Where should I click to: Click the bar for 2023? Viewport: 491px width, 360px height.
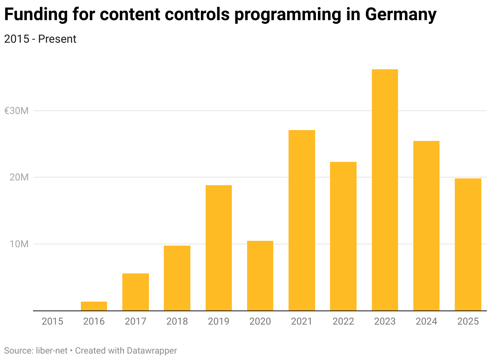[385, 190]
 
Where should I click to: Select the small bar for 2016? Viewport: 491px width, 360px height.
[94, 306]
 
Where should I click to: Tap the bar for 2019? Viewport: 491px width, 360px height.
[219, 248]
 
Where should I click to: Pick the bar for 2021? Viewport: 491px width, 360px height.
[302, 220]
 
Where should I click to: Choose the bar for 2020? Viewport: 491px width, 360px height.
[260, 275]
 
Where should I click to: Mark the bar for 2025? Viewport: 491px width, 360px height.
[468, 244]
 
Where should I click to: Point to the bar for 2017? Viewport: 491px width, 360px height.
[136, 292]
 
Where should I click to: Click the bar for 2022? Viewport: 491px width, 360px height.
[343, 236]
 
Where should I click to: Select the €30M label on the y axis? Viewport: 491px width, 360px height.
[16, 111]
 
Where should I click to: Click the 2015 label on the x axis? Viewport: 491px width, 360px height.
[52, 321]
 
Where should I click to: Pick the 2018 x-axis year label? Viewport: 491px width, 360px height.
[177, 321]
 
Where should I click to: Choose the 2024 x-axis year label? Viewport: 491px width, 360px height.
[427, 321]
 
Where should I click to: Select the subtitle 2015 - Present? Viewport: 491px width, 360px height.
[40, 39]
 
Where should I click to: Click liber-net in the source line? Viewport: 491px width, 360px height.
[51, 350]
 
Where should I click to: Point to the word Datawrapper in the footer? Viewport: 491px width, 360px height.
[152, 350]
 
